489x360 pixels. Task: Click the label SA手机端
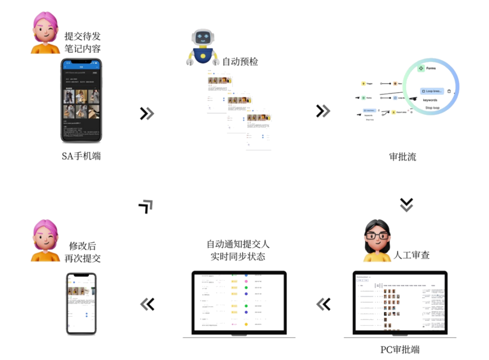point(81,156)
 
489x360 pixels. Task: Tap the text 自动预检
point(240,61)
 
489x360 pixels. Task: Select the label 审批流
point(403,157)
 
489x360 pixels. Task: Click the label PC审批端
point(400,350)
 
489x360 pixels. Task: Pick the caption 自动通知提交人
point(238,245)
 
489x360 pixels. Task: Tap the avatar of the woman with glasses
point(377,241)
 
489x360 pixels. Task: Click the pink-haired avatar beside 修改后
point(45,241)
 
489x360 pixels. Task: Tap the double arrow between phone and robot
point(147,113)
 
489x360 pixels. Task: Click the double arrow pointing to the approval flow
point(323,110)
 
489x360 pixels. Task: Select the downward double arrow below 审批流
point(407,205)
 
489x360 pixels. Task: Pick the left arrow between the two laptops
point(323,304)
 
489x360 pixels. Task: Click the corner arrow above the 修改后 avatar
point(146,206)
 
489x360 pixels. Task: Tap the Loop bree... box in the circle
point(432,91)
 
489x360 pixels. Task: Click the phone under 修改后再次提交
point(81,303)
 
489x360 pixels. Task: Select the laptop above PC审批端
point(400,302)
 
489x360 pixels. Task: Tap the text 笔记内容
point(82,48)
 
